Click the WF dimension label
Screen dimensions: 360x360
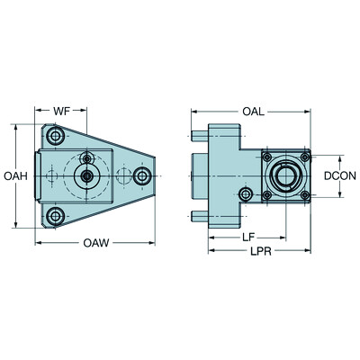61,111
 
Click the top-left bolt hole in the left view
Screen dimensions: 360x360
56,137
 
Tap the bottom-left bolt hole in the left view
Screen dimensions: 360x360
56,215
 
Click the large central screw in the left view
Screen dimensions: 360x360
87,176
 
